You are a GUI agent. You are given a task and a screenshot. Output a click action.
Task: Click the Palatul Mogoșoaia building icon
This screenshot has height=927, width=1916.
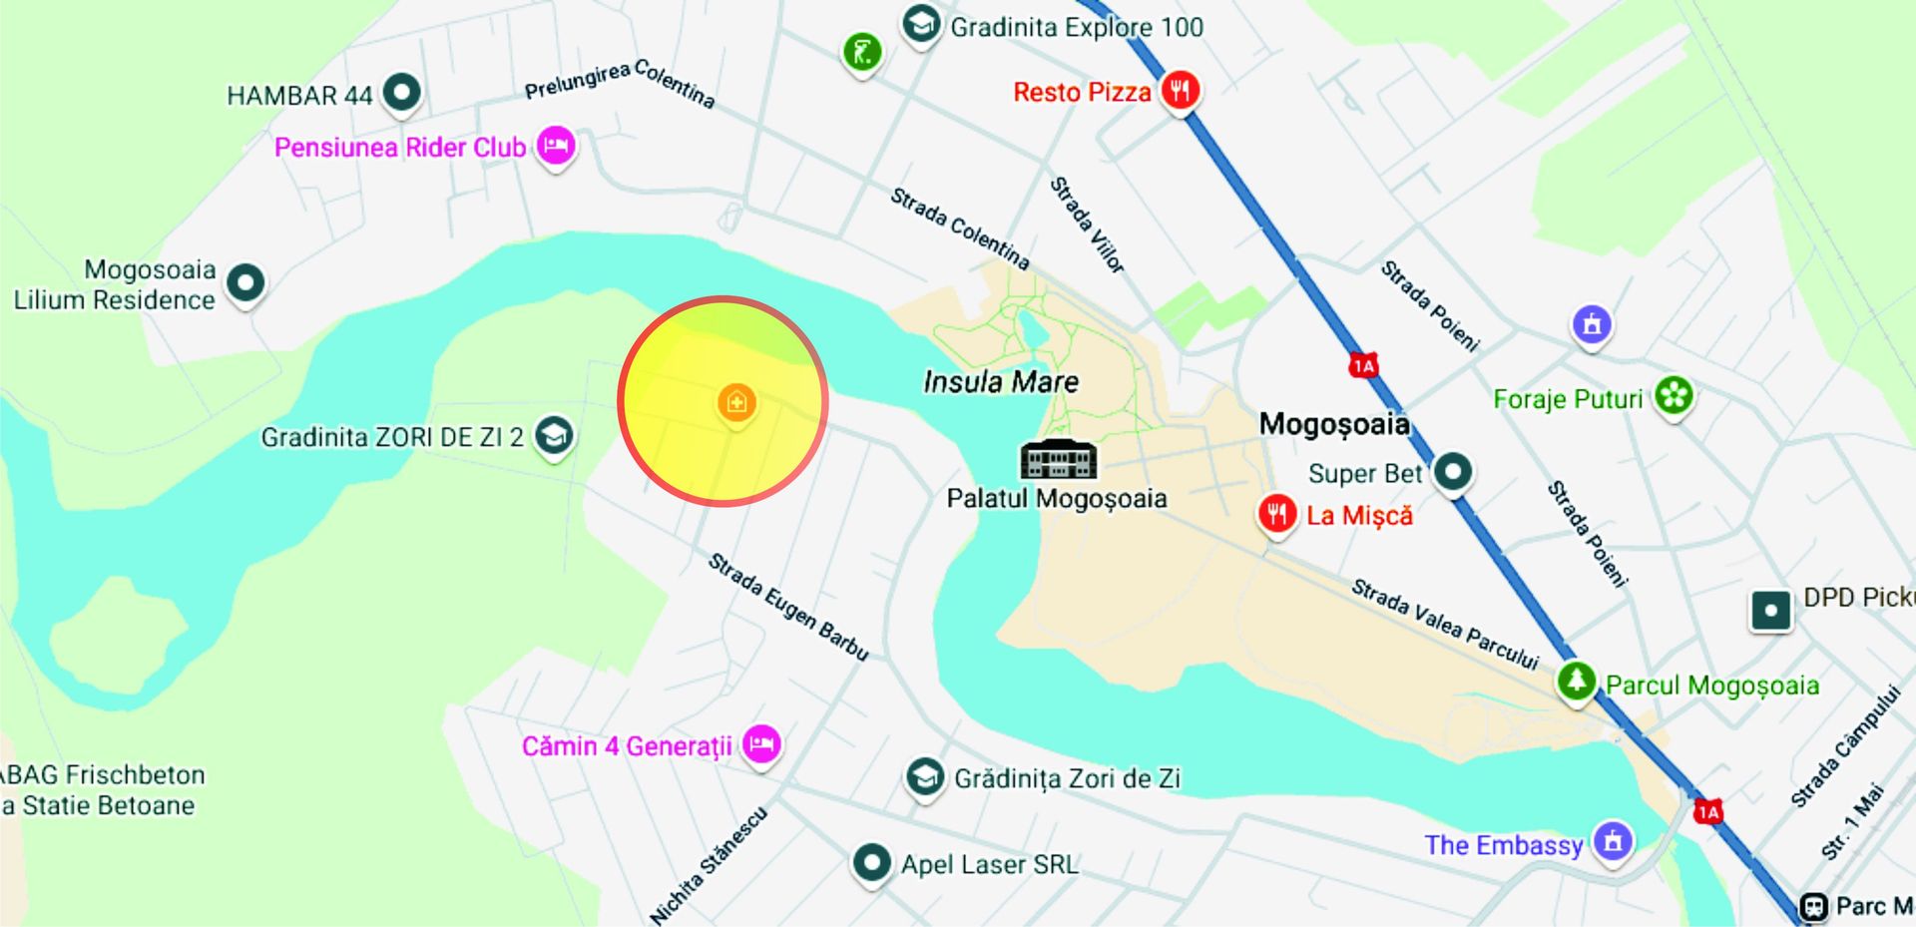tap(1058, 459)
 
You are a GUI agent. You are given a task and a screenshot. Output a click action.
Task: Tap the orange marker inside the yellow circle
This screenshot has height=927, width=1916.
tap(736, 402)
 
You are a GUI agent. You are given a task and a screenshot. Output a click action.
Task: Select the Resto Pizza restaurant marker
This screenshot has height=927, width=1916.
tap(1181, 91)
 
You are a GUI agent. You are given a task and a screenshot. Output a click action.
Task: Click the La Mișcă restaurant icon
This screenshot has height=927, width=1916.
tap(1276, 514)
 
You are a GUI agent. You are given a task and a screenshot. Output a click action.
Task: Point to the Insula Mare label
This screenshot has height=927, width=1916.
tap(1001, 382)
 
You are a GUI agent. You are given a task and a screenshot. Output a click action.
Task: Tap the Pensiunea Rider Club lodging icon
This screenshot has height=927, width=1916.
tap(556, 146)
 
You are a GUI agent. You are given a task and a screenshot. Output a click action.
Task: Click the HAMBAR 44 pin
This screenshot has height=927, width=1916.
tap(401, 93)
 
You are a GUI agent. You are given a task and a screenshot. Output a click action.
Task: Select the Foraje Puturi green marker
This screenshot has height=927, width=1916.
tap(1674, 395)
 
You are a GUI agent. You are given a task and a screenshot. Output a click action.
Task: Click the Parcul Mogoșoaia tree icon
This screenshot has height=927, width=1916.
tap(1576, 682)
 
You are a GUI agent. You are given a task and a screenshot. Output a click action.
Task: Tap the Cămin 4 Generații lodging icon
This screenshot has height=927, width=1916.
tap(761, 743)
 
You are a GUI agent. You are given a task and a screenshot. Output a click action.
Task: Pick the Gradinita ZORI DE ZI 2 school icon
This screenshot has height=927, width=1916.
tap(554, 435)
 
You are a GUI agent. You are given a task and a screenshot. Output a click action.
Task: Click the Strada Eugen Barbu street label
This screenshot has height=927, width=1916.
tap(788, 606)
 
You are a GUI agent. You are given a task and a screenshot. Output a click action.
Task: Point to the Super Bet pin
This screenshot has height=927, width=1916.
tap(1453, 470)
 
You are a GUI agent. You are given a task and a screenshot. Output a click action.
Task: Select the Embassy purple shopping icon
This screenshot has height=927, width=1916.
tap(1613, 840)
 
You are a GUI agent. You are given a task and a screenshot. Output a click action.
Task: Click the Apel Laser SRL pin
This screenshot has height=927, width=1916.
tap(871, 861)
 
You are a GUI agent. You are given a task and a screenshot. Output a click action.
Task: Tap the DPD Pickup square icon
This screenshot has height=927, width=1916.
tap(1770, 610)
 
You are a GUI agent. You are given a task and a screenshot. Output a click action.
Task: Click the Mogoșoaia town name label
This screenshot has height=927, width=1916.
tap(1334, 424)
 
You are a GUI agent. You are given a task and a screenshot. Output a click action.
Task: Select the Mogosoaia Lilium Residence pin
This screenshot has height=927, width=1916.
tap(245, 282)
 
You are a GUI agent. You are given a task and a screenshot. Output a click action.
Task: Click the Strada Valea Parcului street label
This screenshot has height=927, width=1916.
tap(1444, 624)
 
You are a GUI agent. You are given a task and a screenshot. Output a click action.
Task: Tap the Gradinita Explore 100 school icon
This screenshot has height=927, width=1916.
tap(920, 24)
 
